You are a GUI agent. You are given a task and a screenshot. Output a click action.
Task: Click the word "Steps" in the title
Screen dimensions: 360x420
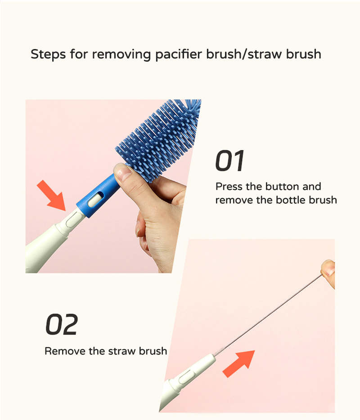coord(48,54)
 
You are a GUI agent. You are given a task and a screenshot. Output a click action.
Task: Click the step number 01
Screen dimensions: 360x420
coord(229,161)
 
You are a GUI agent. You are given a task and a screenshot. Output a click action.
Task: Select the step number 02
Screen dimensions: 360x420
coord(62,324)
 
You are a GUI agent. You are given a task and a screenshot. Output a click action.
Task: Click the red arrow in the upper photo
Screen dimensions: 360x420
coord(51,196)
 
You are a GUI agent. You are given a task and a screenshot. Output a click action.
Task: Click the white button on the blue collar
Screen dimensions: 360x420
coord(95,199)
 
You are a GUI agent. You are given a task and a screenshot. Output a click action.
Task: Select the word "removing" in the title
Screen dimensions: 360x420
coord(121,54)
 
